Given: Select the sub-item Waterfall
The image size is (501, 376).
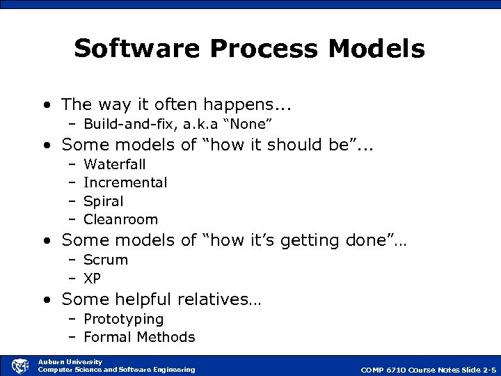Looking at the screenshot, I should (x=114, y=164).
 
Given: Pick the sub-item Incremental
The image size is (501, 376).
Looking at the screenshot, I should (x=125, y=182).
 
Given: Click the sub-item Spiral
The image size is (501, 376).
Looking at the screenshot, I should (x=103, y=201).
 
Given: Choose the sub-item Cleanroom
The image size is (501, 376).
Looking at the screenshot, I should (x=120, y=219).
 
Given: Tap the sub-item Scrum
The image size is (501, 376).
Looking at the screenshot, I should (x=106, y=260).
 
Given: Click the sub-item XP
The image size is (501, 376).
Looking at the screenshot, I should (x=92, y=278).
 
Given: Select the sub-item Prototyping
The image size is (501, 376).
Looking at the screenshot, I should (x=123, y=319).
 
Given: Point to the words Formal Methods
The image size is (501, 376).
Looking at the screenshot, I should (x=139, y=337).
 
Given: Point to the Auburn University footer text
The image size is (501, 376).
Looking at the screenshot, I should (x=70, y=361).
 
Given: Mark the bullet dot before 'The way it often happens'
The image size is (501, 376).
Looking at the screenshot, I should (x=46, y=105).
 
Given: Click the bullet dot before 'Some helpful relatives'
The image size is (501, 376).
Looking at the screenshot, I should (x=46, y=300).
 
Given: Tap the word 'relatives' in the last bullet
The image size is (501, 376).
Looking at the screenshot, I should (x=218, y=299).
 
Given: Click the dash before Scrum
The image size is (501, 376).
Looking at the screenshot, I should (x=72, y=260).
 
